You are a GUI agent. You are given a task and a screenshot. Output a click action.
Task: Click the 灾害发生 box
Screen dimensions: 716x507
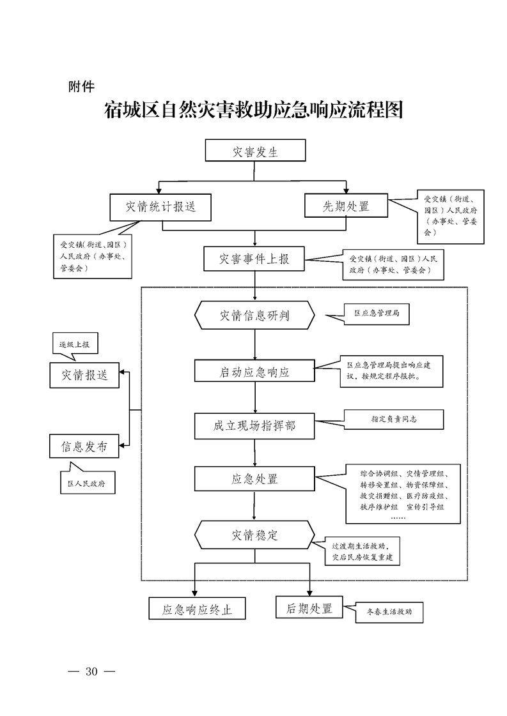click(x=255, y=152)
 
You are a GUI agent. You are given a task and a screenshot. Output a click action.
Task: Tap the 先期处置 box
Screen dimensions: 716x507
click(x=346, y=206)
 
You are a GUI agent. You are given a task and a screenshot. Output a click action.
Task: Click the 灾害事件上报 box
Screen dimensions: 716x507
click(x=254, y=259)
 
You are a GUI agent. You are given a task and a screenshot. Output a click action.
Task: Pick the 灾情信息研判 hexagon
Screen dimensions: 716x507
click(x=255, y=315)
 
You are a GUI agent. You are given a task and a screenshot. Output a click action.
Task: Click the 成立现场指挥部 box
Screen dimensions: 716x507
click(x=255, y=425)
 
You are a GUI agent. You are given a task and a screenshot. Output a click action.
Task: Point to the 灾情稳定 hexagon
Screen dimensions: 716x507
click(x=255, y=535)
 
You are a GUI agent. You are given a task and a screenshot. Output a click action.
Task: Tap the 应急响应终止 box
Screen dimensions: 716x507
click(x=197, y=609)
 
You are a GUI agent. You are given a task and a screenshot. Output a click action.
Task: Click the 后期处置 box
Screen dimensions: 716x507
click(x=309, y=608)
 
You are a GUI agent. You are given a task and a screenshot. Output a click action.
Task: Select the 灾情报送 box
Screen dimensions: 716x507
click(x=85, y=375)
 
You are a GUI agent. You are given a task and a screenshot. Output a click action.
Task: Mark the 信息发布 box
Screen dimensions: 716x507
click(x=85, y=446)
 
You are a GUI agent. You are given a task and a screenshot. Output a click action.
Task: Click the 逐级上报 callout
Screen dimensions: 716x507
click(x=75, y=344)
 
